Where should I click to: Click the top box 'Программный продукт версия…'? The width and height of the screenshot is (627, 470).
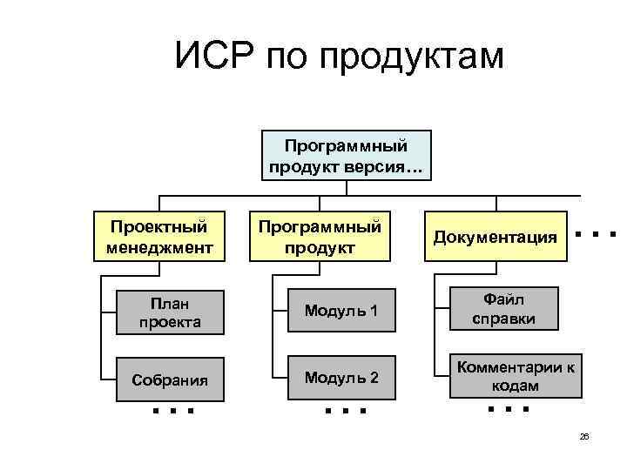click(345, 154)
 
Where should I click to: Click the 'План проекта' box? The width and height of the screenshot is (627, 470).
click(169, 312)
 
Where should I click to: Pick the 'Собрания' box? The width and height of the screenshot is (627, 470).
click(169, 379)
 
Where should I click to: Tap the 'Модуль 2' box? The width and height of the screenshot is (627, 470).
click(340, 378)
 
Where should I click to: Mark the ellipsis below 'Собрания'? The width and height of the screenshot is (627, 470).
click(172, 409)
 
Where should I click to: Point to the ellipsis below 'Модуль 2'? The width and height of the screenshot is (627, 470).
click(345, 409)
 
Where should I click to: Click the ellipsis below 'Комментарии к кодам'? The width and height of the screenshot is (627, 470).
click(509, 407)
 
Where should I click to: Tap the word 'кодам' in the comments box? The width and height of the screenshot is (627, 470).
click(514, 386)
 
